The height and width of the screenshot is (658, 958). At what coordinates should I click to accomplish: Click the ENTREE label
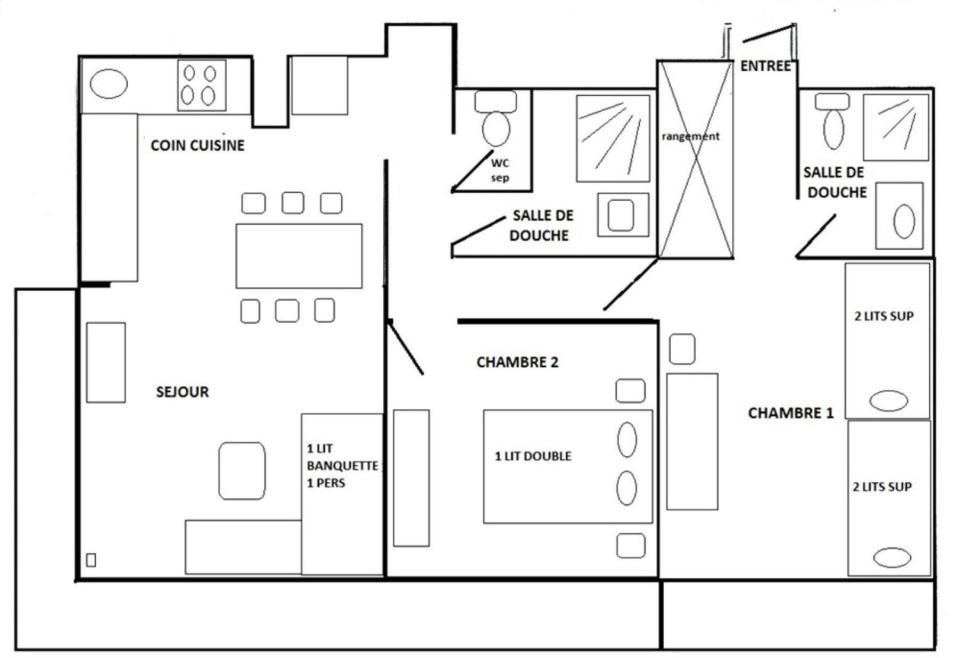[x=765, y=66]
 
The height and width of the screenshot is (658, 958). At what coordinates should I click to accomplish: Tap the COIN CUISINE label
[x=197, y=145]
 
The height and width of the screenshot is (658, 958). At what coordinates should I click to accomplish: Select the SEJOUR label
[x=183, y=392]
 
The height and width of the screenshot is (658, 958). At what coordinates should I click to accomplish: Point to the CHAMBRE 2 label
[x=517, y=363]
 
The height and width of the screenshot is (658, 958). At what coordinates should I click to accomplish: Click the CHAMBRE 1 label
[x=791, y=413]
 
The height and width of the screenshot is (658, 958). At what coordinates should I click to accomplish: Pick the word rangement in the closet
[x=690, y=136]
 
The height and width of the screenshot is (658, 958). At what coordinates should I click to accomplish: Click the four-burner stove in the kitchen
[x=202, y=85]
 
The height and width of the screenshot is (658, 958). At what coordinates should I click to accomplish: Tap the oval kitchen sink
[x=109, y=84]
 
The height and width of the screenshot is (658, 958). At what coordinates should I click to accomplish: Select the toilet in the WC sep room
[x=496, y=118]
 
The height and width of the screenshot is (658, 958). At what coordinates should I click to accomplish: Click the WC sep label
[x=500, y=170]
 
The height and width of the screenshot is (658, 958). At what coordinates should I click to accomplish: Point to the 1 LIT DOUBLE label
[x=533, y=456]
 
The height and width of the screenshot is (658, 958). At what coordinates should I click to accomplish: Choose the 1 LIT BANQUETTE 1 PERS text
[x=343, y=466]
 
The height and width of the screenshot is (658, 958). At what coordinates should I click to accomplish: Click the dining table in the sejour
[x=299, y=256]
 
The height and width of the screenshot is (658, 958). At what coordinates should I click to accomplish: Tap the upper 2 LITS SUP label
[x=884, y=316]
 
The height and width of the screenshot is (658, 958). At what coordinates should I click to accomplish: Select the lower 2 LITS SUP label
[x=882, y=487]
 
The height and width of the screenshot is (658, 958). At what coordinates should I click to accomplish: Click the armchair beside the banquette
[x=242, y=471]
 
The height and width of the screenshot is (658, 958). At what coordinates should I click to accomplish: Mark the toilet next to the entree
[x=833, y=121]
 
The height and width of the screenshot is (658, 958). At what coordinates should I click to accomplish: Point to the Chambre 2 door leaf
[x=406, y=347]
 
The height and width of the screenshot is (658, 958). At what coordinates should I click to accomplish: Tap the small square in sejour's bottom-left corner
[x=91, y=560]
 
